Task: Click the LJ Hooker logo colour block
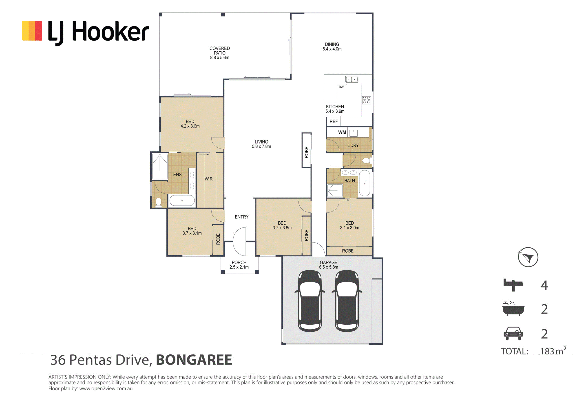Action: tap(32, 31)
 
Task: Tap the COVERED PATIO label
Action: tap(220, 50)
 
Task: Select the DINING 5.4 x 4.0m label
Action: tap(332, 46)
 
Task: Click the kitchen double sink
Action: tap(352, 79)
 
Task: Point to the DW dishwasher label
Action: tap(341, 87)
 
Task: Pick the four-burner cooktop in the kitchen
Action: tap(366, 100)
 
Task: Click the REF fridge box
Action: tap(334, 122)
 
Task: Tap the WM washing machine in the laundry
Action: tap(342, 132)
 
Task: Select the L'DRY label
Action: tap(353, 145)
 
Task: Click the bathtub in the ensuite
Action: tap(182, 201)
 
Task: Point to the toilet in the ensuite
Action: tap(158, 202)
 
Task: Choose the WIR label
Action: tap(209, 179)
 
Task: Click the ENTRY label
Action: tap(242, 217)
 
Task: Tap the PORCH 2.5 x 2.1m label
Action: tap(239, 265)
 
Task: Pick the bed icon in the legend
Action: tap(513, 285)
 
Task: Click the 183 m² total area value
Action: tap(553, 351)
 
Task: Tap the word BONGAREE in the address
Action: tap(194, 360)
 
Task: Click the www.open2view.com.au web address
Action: tap(106, 389)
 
